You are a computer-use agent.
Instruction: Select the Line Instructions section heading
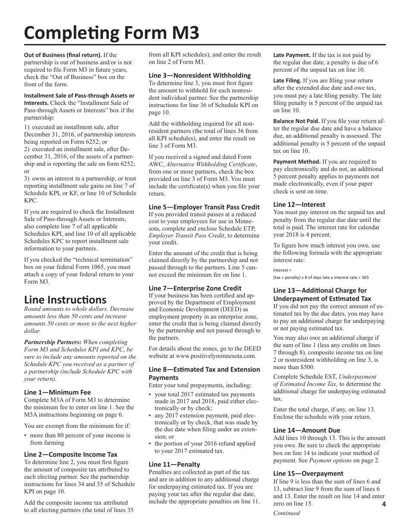click(65, 300)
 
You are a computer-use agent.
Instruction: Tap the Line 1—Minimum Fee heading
click(57, 392)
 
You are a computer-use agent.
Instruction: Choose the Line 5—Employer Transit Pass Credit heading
click(204, 207)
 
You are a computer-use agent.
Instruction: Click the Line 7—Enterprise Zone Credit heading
click(195, 288)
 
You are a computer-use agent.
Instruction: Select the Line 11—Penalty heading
click(174, 464)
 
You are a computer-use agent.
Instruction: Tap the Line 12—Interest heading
click(299, 205)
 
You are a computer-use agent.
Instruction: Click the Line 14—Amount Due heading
click(306, 430)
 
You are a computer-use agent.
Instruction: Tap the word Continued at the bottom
click(286, 513)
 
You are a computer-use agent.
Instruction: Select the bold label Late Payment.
click(292, 55)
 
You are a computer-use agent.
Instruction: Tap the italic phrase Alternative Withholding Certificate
click(211, 164)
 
